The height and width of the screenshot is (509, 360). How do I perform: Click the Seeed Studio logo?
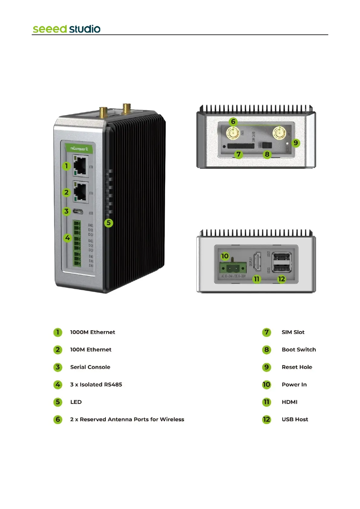66,29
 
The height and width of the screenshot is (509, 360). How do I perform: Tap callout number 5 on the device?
109,223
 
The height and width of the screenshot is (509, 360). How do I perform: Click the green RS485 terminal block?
77,243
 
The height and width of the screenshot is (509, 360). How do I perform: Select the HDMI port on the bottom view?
258,262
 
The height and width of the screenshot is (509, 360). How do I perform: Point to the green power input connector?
232,267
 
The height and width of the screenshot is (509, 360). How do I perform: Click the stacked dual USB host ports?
282,262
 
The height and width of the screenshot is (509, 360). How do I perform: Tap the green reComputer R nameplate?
79,148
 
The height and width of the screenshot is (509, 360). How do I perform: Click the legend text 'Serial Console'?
90,367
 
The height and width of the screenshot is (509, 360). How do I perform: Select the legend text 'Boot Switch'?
299,349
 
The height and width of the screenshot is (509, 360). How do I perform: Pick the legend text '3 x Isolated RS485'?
96,384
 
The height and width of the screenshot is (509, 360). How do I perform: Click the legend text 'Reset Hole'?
297,367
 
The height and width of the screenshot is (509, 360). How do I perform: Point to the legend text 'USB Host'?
295,419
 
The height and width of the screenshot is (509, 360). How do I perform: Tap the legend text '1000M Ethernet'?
92,332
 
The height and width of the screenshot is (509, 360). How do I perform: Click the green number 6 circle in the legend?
58,420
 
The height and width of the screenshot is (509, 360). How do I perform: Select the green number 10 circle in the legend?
266,384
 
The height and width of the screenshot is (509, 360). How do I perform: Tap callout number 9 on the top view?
296,143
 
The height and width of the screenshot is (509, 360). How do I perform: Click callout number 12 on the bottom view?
281,279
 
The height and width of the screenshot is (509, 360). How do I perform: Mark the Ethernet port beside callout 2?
81,192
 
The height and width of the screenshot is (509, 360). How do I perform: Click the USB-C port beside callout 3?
78,212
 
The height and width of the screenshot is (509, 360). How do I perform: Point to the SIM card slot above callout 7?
241,146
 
